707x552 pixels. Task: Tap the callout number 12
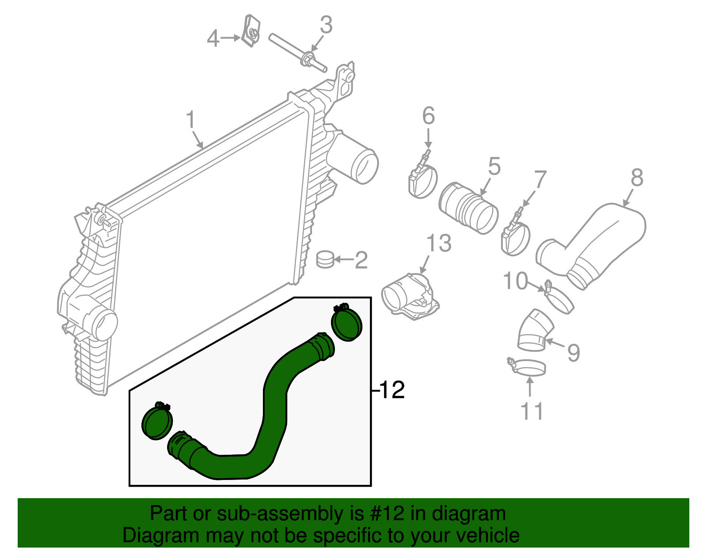392,390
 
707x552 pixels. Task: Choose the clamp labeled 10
559,301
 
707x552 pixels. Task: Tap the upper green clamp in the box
347,324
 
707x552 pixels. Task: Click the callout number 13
439,243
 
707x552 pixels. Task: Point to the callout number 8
637,178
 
